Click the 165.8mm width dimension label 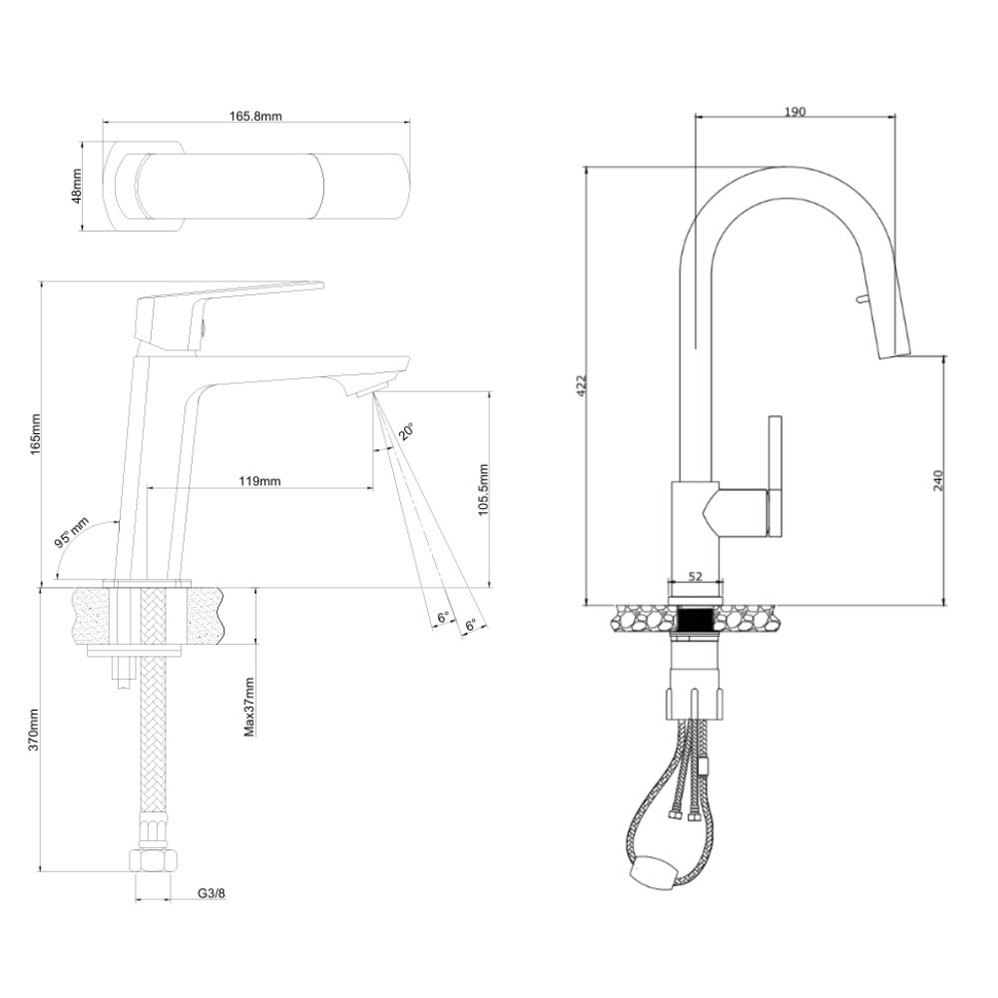[256, 116]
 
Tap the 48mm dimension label [78, 186]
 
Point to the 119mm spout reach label [259, 480]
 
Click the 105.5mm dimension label [482, 487]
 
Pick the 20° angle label [406, 431]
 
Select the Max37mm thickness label [249, 707]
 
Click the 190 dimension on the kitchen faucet [794, 111]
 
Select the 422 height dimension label [583, 386]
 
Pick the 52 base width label [695, 575]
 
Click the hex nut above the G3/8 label [153, 860]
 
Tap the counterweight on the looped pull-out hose [653, 875]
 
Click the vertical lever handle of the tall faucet [774, 475]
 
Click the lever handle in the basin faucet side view [230, 293]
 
